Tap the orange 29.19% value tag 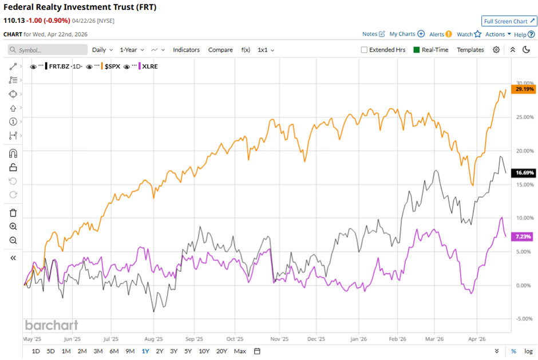coord(524,89)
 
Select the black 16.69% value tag coord(524,172)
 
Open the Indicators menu coord(186,50)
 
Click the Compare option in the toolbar coord(220,50)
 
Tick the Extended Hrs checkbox coord(365,50)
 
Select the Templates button coord(470,50)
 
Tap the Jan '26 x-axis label coord(358,338)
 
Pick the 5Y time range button coord(188,351)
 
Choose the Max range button coord(240,351)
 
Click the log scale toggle coord(528,351)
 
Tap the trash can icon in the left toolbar coord(13,213)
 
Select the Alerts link coord(440,34)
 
